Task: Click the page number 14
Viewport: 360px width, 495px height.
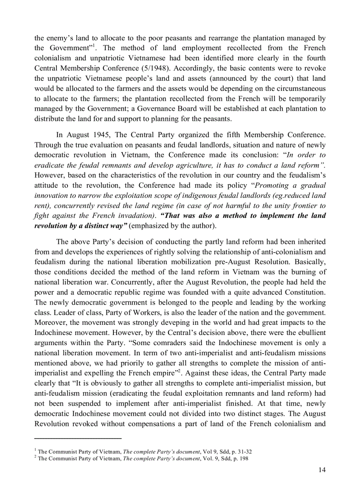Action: tap(322, 470)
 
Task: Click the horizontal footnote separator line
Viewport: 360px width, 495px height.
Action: tap(78, 438)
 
